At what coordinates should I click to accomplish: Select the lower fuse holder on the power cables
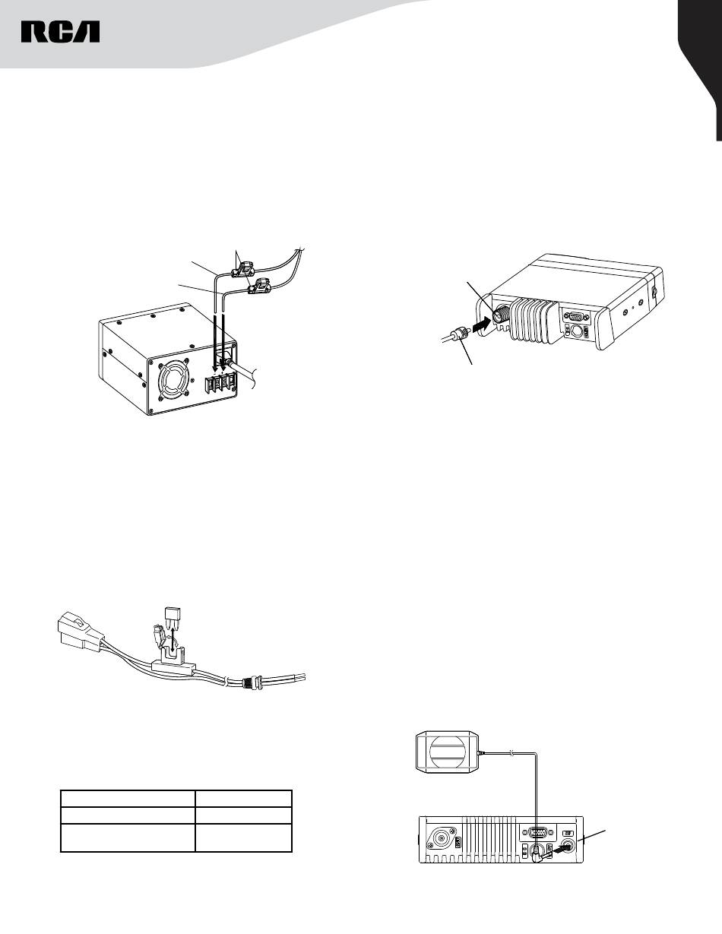click(261, 287)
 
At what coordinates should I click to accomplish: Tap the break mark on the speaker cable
click(513, 754)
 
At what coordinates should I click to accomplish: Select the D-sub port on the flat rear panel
click(537, 832)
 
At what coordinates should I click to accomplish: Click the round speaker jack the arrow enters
click(567, 847)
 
